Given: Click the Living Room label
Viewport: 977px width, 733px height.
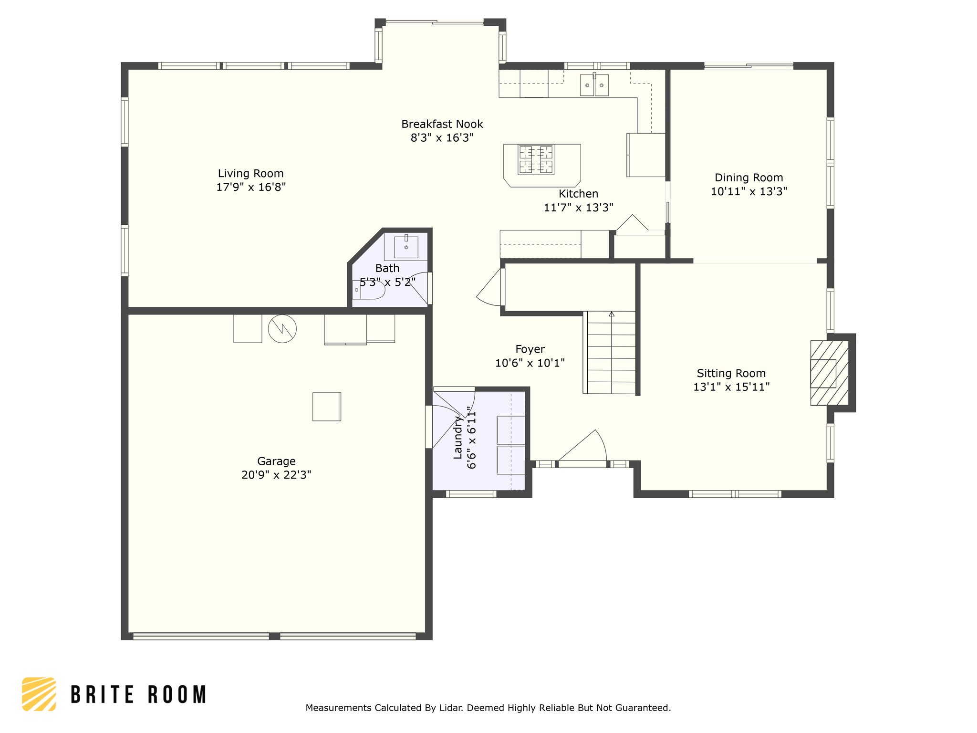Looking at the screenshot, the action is (250, 173).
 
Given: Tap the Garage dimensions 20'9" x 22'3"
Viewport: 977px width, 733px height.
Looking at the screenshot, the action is (276, 475).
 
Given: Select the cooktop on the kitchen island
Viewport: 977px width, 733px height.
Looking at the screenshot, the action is (536, 159).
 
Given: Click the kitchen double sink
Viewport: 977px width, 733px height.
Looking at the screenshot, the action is (594, 85).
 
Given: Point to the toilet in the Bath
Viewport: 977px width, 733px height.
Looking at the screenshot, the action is (369, 290).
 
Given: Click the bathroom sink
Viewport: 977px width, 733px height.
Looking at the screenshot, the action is (406, 247).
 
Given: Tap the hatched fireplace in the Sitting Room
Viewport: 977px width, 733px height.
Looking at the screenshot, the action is (830, 373).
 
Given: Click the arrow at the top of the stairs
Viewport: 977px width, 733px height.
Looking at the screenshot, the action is (612, 314).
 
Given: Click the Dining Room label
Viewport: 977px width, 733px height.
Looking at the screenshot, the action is (748, 178).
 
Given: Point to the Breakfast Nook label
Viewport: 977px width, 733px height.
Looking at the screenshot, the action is (442, 124).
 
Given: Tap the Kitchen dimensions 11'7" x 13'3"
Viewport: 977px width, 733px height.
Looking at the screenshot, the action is (578, 208).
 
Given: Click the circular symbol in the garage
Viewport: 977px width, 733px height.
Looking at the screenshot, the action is (282, 328).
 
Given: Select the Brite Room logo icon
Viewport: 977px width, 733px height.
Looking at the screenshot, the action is (39, 694).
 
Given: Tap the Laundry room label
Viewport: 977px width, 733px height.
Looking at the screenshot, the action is (458, 437).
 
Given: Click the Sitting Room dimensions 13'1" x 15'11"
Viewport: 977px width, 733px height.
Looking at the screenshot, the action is (731, 387).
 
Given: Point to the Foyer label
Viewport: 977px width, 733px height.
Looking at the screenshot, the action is (530, 349).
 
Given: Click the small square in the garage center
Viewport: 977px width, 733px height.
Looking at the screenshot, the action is (327, 407).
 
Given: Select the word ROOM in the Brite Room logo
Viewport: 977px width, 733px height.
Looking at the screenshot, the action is (177, 694).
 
